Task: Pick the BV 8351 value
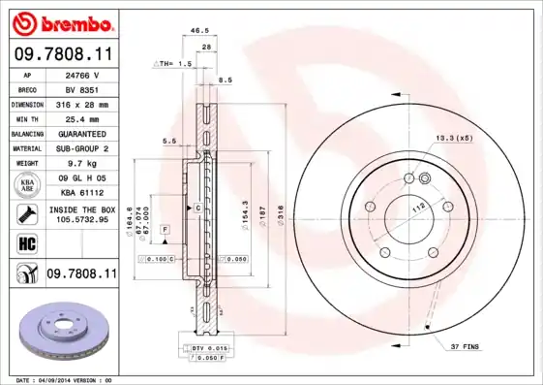point(78,88)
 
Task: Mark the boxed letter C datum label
point(197,209)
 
